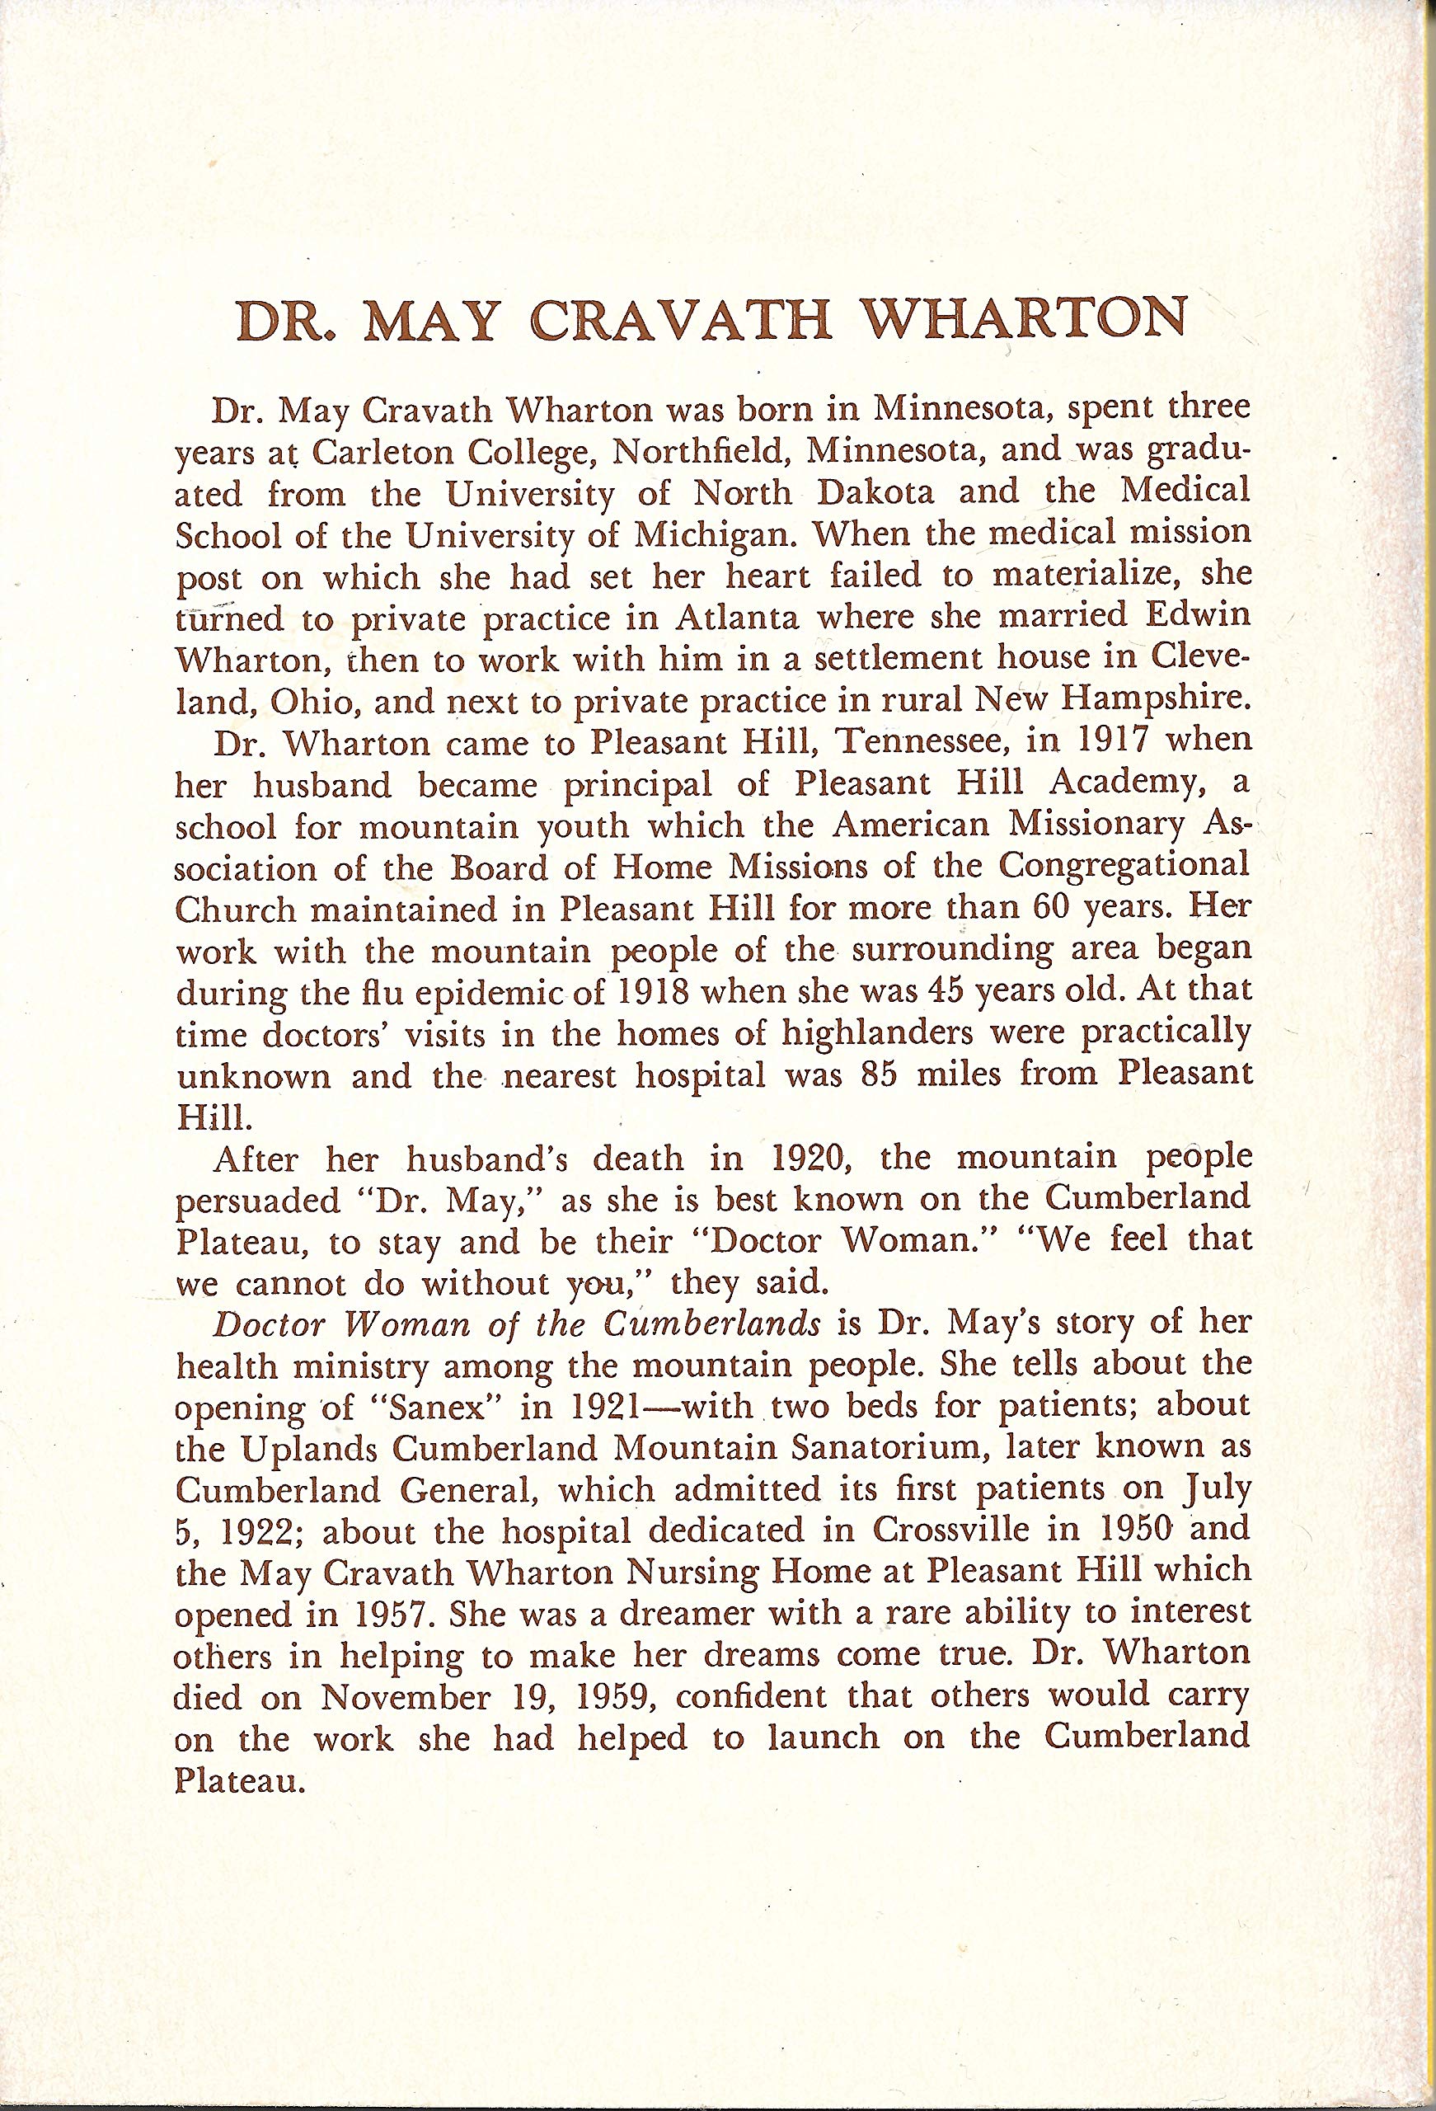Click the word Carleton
point(383,453)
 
